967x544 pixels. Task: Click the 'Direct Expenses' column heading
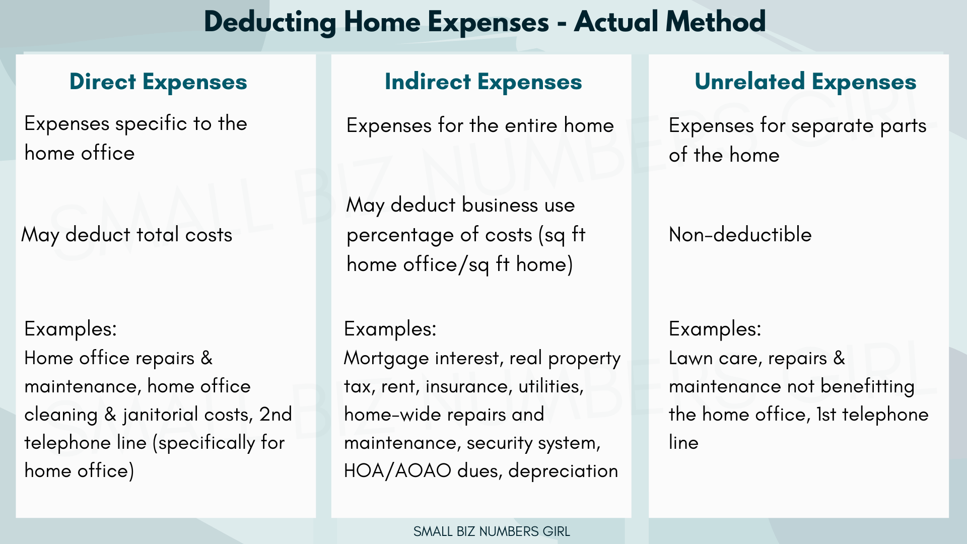158,82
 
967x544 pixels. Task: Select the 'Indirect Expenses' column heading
483,82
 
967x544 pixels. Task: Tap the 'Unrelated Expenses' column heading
805,82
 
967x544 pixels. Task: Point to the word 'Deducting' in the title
270,22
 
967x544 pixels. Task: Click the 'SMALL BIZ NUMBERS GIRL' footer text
492,531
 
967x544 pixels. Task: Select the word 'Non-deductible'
740,235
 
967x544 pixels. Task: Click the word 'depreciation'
563,471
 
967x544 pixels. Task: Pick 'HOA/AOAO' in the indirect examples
397,471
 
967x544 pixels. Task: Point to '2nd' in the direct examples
275,415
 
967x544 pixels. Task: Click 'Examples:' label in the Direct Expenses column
71,329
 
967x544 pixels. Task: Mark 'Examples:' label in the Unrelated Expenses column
715,329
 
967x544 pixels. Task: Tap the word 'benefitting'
867,386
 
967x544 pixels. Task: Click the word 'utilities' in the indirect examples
551,386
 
